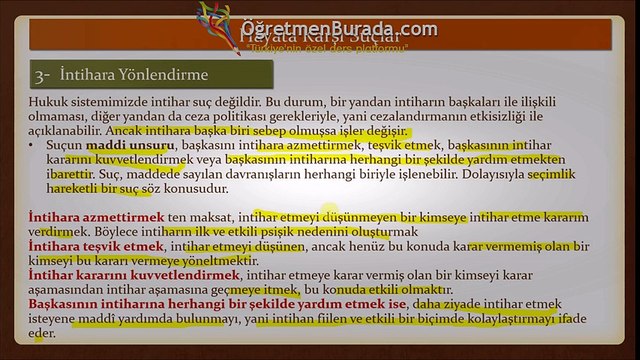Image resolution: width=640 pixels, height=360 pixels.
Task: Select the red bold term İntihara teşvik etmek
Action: (x=82, y=245)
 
